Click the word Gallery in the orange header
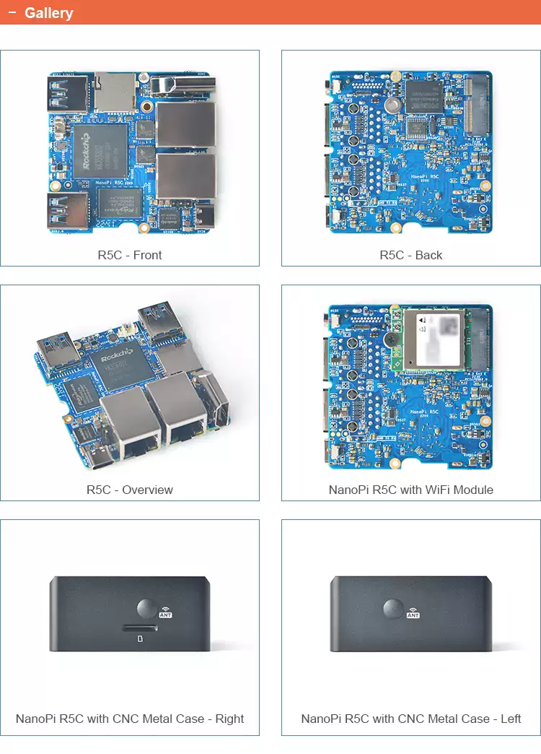[x=48, y=13]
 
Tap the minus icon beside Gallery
[x=12, y=13]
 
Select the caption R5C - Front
[x=130, y=255]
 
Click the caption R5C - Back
[x=411, y=255]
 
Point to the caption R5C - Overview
[x=130, y=490]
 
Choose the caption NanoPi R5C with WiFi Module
[x=411, y=490]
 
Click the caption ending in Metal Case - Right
[x=130, y=719]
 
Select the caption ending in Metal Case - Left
[x=411, y=719]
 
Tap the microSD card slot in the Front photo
[x=113, y=92]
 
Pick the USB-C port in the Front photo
[x=204, y=216]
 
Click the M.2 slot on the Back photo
[x=476, y=107]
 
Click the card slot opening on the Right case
[x=138, y=627]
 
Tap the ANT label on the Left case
[x=413, y=615]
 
